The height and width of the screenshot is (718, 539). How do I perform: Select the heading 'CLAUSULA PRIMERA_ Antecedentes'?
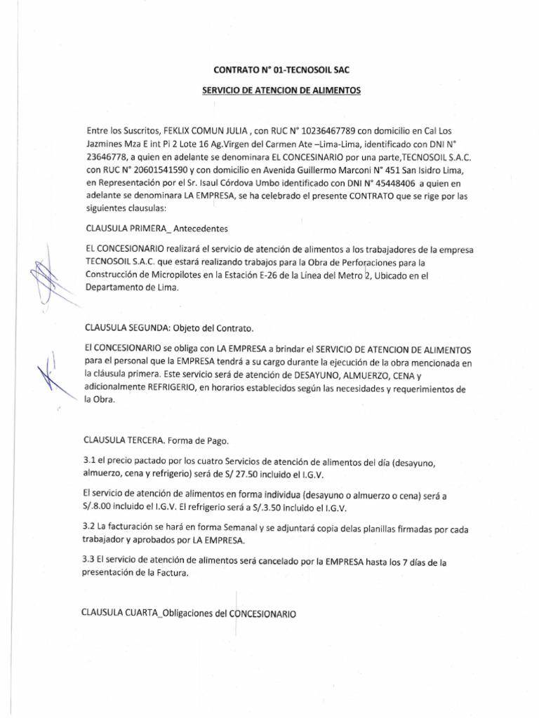pos(157,229)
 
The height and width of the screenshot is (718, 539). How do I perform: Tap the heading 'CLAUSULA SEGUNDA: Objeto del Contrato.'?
pos(168,328)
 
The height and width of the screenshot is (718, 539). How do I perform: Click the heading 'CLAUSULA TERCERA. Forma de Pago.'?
pos(156,441)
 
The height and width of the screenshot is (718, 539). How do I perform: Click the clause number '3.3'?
pos(90,559)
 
